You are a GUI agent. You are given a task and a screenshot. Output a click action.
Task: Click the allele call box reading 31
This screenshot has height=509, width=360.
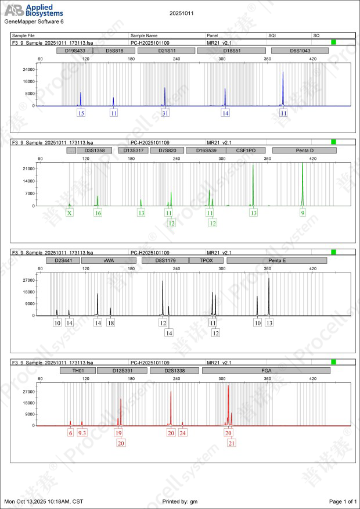tap(165, 113)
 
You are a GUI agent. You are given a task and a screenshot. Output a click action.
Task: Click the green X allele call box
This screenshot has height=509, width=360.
tap(70, 213)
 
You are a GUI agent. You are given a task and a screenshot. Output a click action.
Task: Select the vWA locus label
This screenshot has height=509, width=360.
tap(109, 261)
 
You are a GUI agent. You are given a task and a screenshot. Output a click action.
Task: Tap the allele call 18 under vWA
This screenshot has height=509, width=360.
tap(110, 322)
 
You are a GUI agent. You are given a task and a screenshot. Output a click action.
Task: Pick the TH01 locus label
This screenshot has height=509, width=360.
tap(78, 370)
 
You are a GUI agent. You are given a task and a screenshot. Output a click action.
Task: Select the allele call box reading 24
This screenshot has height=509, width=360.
tap(182, 433)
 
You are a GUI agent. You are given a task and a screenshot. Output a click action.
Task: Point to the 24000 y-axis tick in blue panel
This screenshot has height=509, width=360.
tap(27, 69)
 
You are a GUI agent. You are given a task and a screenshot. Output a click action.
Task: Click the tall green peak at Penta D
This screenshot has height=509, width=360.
tap(303, 174)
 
